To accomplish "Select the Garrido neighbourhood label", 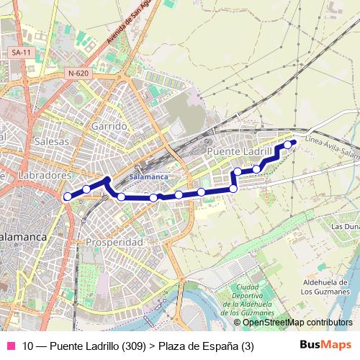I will click(x=109, y=126).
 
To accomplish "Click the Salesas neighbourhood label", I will click(x=52, y=141).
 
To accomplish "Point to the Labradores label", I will click(x=45, y=175).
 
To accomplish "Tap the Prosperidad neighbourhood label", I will click(x=114, y=242).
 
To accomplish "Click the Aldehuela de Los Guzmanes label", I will click(x=326, y=287).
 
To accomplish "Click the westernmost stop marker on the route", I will click(x=68, y=196).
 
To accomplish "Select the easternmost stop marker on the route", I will click(x=288, y=145).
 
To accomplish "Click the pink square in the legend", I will click(x=10, y=346).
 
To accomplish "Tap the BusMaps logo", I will click(x=325, y=346).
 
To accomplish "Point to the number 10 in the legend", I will click(x=28, y=346).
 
